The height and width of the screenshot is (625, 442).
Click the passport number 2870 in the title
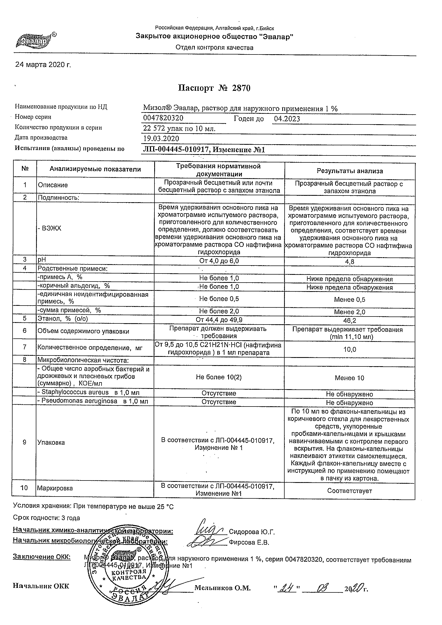click(x=241, y=88)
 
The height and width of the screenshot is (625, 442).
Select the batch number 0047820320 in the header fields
click(x=163, y=118)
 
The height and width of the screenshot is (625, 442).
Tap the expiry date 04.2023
click(x=286, y=119)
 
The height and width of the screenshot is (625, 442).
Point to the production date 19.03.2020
click(x=161, y=139)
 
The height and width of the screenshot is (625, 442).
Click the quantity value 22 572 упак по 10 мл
click(x=179, y=128)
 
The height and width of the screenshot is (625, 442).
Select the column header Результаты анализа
click(x=350, y=171)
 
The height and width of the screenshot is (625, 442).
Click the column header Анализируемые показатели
click(x=95, y=169)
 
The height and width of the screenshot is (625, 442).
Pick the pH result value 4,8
click(x=350, y=262)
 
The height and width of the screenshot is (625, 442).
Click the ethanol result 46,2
click(x=350, y=321)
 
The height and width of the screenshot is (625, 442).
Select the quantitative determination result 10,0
click(x=350, y=349)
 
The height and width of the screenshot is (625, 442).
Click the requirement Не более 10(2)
click(x=219, y=377)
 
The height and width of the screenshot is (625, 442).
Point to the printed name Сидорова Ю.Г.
click(x=252, y=532)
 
